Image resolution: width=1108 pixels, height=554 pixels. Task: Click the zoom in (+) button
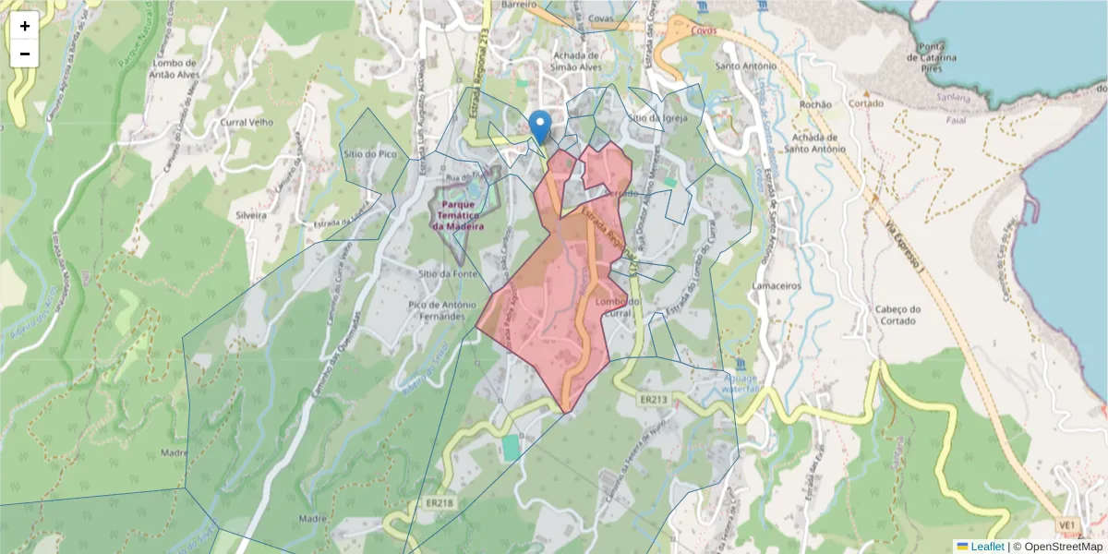25,26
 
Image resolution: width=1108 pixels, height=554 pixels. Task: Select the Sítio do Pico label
368,154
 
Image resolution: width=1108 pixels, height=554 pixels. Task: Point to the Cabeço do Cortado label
885,315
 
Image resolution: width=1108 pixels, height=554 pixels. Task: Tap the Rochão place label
815,104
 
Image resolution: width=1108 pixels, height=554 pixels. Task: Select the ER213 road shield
652,400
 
